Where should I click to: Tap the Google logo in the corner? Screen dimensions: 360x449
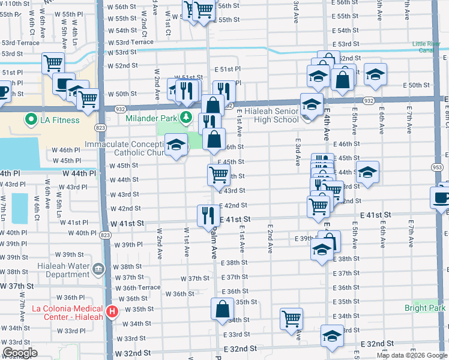[20, 353]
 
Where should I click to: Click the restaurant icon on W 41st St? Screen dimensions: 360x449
[209, 216]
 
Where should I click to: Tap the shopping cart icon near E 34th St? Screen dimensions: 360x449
[291, 319]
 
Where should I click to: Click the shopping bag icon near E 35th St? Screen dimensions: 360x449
[223, 310]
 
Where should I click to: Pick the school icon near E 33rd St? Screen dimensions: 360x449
[332, 336]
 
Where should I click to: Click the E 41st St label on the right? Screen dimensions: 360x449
[375, 214]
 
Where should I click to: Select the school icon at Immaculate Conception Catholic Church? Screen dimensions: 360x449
[176, 146]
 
